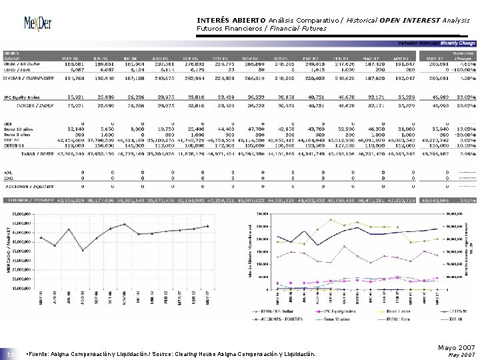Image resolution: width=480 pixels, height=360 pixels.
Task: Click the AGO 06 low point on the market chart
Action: [x=83, y=250]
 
